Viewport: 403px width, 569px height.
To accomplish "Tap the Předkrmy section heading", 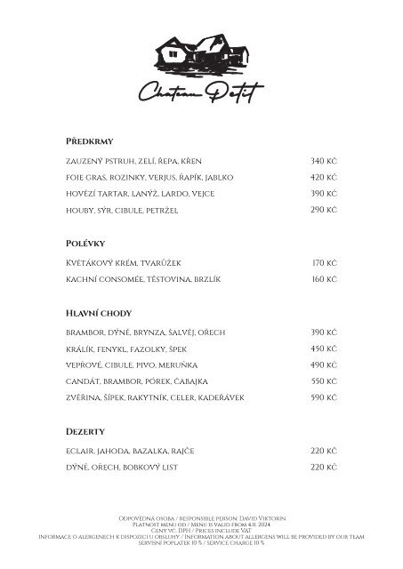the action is (89, 142).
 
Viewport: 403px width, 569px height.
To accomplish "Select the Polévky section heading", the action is (86, 242).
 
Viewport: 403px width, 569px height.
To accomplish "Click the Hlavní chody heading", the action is (98, 312).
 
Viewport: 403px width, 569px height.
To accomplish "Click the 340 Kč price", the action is (323, 161).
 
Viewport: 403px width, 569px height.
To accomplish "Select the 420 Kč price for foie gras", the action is (323, 177).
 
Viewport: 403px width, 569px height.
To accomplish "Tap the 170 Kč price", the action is (324, 263).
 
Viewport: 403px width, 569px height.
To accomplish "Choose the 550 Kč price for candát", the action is (323, 381).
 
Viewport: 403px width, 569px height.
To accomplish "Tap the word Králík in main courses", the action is (80, 349).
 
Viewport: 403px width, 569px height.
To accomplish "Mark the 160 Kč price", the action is (324, 279).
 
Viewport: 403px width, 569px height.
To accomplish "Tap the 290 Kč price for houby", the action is (323, 210).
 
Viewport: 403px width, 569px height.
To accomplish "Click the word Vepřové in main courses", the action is (83, 365).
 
